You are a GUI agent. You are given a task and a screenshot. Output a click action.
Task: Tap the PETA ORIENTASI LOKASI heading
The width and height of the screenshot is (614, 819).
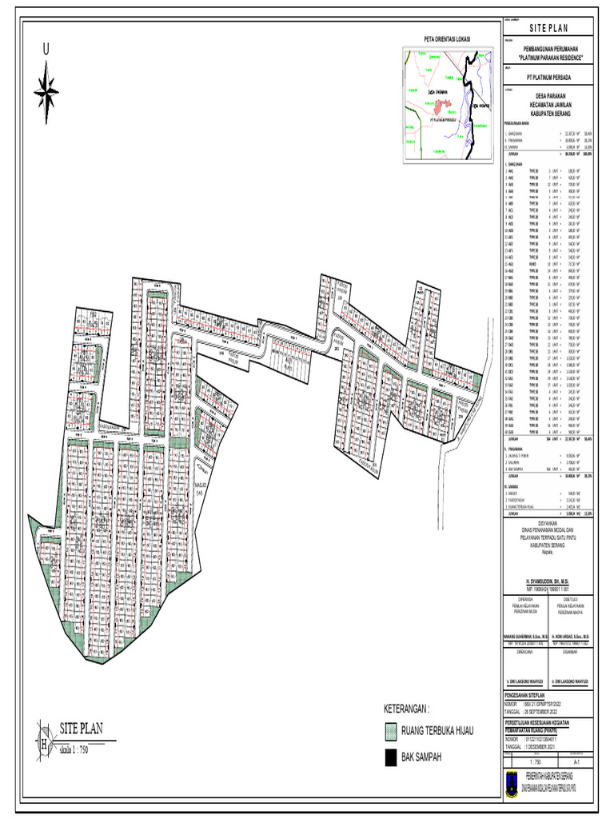click(446, 39)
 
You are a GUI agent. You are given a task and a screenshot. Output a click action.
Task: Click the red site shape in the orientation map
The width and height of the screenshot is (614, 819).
click(442, 105)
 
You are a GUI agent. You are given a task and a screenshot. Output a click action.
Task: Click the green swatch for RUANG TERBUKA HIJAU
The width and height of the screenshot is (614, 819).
click(392, 731)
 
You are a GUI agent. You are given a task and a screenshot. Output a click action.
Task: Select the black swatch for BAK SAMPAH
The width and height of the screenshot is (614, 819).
click(392, 757)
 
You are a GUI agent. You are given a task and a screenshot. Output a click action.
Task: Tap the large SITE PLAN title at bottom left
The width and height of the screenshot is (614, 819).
click(81, 729)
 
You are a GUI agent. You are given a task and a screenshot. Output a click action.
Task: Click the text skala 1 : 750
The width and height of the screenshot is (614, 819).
click(78, 749)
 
